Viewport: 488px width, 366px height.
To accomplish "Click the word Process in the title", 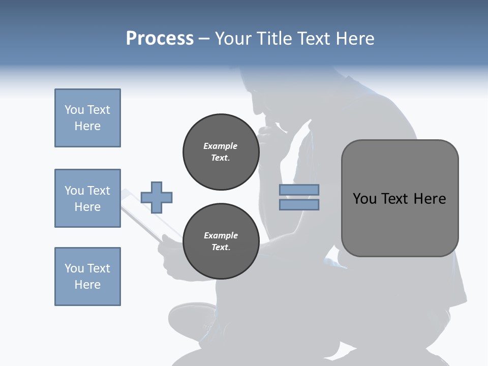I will pyautogui.click(x=160, y=39).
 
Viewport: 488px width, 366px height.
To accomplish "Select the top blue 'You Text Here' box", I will pyautogui.click(x=87, y=118).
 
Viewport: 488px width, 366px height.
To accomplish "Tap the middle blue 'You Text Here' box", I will pyautogui.click(x=87, y=198).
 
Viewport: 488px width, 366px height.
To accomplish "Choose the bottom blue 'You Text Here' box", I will pyautogui.click(x=87, y=277).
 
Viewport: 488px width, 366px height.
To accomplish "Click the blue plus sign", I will pyautogui.click(x=157, y=197).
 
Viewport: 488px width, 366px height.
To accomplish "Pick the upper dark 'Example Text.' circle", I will pyautogui.click(x=221, y=152).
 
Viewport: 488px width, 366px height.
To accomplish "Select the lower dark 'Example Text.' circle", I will pyautogui.click(x=221, y=241).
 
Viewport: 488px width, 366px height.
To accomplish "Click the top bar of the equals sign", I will pyautogui.click(x=299, y=190).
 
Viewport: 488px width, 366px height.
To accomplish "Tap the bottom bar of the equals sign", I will pyautogui.click(x=299, y=204).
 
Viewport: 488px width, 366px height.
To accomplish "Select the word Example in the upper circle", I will pyautogui.click(x=221, y=146).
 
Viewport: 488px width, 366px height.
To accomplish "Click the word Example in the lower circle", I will pyautogui.click(x=221, y=236).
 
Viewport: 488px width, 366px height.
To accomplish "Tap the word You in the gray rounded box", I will pyautogui.click(x=364, y=199).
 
